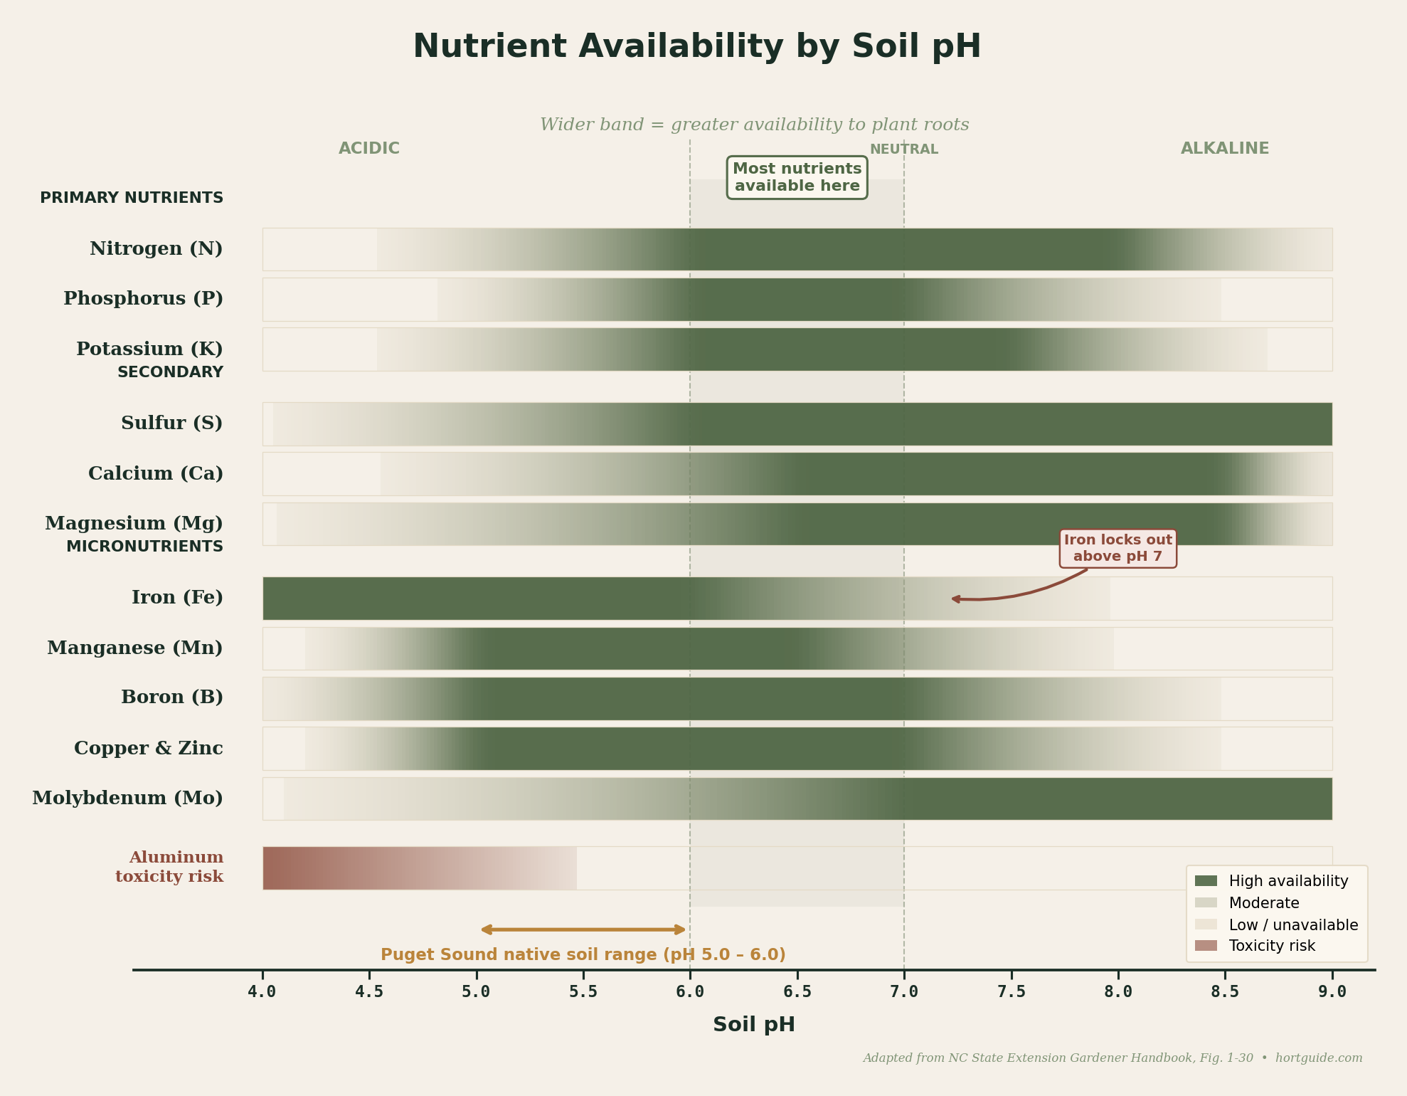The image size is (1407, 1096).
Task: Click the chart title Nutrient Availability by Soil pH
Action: [x=696, y=47]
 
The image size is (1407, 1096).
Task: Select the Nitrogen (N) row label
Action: [x=156, y=249]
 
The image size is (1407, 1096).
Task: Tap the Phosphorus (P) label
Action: [x=143, y=299]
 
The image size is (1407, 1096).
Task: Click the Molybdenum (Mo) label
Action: [x=127, y=799]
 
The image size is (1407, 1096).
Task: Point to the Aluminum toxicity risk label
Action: [x=169, y=867]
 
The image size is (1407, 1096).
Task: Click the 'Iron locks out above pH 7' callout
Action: [x=1117, y=548]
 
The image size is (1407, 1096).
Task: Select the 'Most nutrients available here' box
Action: [x=797, y=177]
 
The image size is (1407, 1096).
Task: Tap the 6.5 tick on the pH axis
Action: [x=797, y=991]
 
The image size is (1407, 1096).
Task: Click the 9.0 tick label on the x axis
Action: [x=1332, y=991]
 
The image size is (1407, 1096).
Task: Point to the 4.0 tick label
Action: [x=262, y=991]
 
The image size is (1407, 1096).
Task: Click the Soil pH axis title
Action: [x=753, y=1025]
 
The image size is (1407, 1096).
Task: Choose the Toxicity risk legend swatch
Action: [x=1206, y=946]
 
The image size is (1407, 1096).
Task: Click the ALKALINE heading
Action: [x=1224, y=149]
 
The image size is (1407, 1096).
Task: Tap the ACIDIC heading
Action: [x=368, y=149]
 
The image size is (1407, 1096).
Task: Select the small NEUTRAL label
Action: [x=903, y=149]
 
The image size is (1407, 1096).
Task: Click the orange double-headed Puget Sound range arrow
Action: [x=583, y=929]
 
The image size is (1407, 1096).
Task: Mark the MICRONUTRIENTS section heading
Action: [x=144, y=547]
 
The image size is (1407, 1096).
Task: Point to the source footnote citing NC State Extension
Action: [x=1112, y=1058]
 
